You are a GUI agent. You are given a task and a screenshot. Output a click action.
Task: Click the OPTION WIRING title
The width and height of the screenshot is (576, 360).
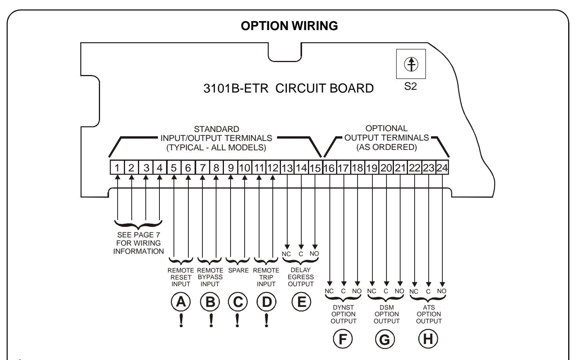(x=289, y=26)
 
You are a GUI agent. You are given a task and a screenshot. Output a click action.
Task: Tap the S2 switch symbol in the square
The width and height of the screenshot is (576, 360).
(x=411, y=64)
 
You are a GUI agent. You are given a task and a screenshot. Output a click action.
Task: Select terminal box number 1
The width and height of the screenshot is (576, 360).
(x=117, y=168)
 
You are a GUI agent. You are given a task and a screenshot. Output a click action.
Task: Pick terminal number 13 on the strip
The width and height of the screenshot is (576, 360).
(x=287, y=168)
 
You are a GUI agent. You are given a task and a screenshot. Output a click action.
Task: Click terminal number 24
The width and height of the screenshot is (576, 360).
(x=442, y=168)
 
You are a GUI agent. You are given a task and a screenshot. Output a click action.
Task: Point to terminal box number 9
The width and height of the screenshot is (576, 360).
(x=231, y=168)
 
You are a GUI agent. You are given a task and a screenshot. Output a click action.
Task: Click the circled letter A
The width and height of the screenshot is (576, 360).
(x=181, y=302)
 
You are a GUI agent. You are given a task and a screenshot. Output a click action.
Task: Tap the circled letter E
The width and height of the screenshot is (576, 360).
(x=301, y=302)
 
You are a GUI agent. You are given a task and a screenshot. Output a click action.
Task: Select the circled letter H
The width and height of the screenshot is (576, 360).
(x=428, y=339)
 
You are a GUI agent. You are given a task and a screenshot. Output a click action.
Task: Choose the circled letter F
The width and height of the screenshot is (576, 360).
(x=343, y=339)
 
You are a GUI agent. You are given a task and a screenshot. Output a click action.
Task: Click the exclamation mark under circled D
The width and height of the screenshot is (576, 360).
(x=267, y=321)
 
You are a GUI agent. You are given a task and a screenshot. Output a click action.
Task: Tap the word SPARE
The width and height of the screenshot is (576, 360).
(x=238, y=270)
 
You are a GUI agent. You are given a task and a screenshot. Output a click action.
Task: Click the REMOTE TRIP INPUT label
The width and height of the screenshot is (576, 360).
(x=266, y=277)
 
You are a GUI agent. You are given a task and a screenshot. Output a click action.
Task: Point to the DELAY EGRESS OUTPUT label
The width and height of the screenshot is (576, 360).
(x=301, y=277)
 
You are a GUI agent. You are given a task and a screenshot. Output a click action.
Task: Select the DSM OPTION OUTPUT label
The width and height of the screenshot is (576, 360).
(x=386, y=314)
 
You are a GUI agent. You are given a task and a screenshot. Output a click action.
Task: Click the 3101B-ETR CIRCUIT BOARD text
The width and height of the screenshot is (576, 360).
(x=288, y=88)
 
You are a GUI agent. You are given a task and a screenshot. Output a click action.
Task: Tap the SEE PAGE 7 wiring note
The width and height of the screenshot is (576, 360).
(x=138, y=243)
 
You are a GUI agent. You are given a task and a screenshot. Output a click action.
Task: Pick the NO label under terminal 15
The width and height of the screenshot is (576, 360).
(x=314, y=254)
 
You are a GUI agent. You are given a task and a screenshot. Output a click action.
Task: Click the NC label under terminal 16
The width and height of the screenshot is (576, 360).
(x=329, y=291)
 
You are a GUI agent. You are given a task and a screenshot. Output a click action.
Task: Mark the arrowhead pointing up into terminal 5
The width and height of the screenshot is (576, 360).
(x=174, y=177)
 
